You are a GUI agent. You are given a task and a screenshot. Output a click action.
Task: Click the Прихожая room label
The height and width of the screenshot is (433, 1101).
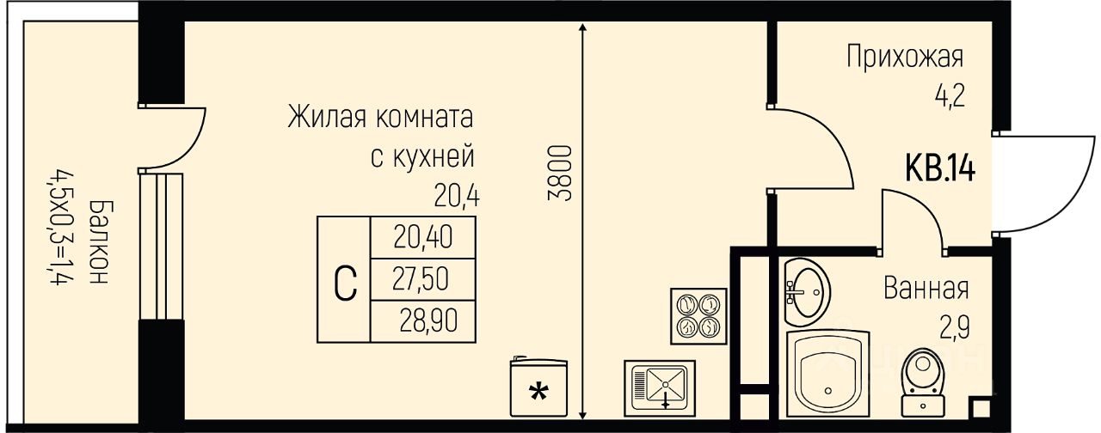click(904, 58)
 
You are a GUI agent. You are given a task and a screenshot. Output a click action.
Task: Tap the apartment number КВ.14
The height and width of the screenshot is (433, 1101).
click(939, 168)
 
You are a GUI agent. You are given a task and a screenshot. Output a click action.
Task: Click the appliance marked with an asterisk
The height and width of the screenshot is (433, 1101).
click(538, 388)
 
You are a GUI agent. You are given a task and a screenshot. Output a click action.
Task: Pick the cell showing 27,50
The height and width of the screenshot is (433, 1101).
click(422, 278)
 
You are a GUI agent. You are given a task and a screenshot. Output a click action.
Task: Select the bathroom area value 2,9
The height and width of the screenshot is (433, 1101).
click(953, 327)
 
